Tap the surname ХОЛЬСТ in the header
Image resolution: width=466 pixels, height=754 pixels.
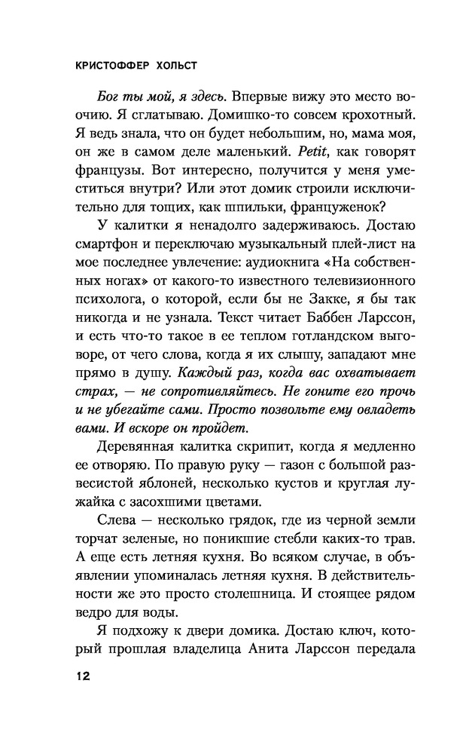[x=186, y=64]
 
